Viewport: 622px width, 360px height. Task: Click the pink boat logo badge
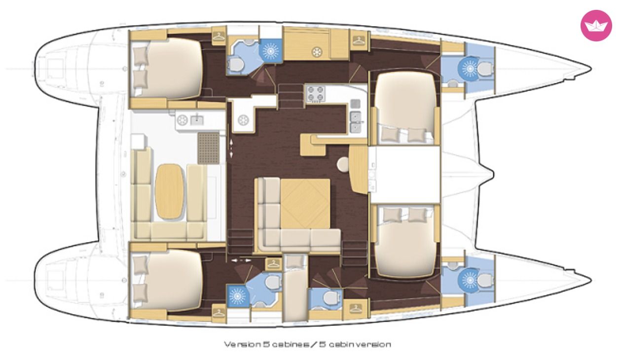point(596,26)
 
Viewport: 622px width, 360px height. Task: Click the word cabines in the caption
point(291,344)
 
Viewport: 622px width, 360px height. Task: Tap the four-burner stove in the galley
point(316,94)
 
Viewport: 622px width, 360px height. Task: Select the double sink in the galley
point(356,122)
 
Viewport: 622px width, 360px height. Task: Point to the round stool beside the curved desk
point(343,164)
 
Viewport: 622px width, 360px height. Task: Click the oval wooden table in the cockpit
point(169,191)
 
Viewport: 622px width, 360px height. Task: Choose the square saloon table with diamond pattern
point(305,204)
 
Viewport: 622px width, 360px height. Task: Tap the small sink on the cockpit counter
point(197,120)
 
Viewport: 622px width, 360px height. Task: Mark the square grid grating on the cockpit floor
point(209,148)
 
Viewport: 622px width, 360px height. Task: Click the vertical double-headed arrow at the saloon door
point(231,149)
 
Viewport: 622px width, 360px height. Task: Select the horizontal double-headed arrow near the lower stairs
point(241,260)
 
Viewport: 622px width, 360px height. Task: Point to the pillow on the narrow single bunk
point(295,262)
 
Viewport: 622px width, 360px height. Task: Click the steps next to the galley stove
point(291,97)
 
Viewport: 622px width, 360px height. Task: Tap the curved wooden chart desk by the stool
point(359,170)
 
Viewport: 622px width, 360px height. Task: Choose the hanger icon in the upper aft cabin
point(219,36)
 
